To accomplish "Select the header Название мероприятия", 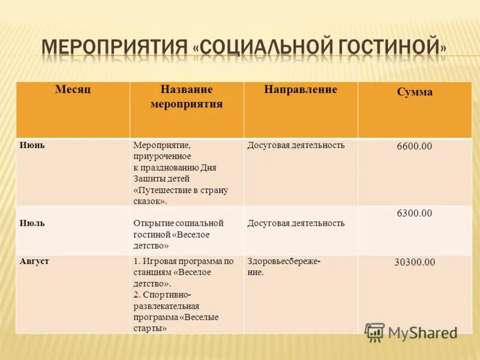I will point(186,96).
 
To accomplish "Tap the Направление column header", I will point(300,89).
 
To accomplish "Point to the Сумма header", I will point(414,92).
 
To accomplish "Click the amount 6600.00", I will point(414,146).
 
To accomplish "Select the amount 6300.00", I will point(414,214).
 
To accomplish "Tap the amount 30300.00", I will point(414,262).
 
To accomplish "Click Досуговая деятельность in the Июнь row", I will point(296,145).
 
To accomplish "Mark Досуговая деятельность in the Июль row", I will point(296,223).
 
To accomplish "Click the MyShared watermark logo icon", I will point(375,332).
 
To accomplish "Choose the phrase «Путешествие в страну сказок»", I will point(180,196).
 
